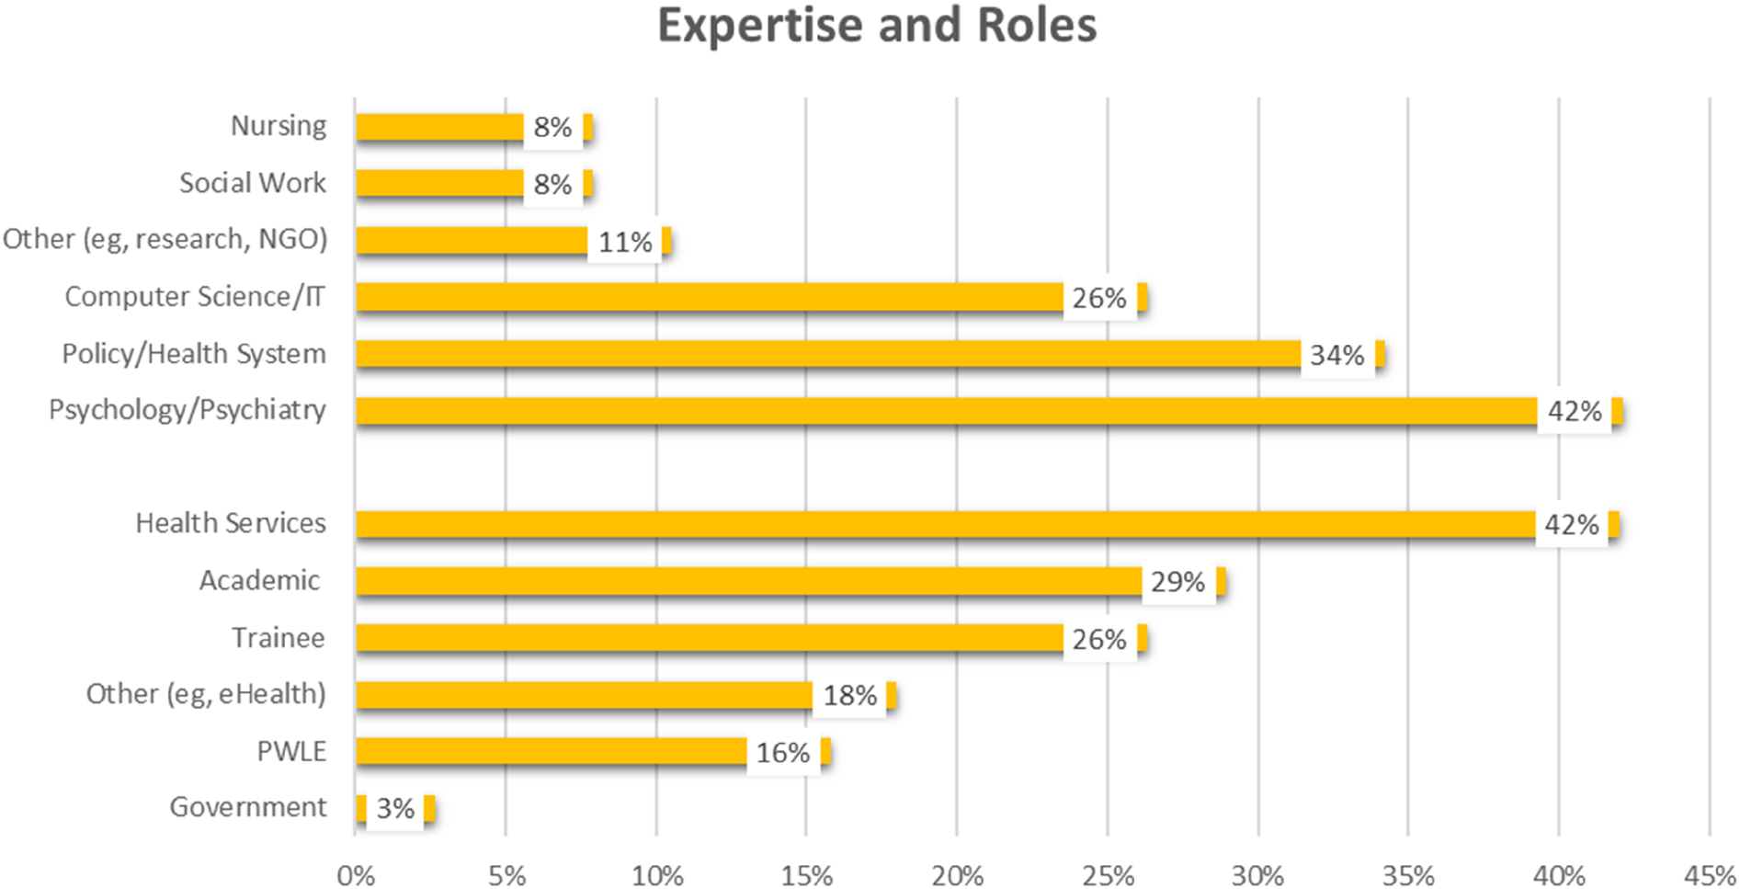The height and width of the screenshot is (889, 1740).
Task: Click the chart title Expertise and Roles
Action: (x=877, y=26)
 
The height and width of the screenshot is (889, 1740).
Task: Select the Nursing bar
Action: (x=439, y=127)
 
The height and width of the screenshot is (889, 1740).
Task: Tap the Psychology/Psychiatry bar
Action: (x=947, y=411)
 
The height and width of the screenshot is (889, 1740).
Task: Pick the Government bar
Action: (x=361, y=808)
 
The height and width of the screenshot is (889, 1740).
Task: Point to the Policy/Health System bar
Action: (x=827, y=354)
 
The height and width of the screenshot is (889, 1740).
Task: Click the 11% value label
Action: (x=625, y=243)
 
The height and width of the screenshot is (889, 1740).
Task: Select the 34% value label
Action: (x=1336, y=356)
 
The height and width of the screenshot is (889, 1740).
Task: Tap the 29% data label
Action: (x=1177, y=583)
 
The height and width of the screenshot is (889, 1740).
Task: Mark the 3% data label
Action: (x=395, y=809)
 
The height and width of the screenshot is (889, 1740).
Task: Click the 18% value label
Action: (x=849, y=696)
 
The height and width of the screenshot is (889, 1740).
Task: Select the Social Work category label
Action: (x=253, y=183)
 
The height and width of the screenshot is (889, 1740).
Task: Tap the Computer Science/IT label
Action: (x=195, y=297)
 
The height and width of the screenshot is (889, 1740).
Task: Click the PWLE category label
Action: (x=291, y=752)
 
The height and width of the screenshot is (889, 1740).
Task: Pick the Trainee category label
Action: (x=278, y=638)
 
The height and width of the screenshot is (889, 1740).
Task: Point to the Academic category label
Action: (x=260, y=581)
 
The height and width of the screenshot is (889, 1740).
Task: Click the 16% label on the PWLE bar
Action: (x=782, y=754)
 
